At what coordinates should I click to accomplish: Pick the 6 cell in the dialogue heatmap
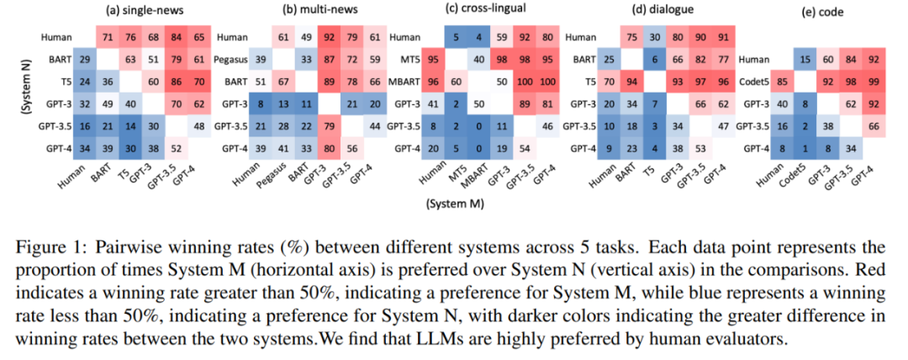tap(652, 61)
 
